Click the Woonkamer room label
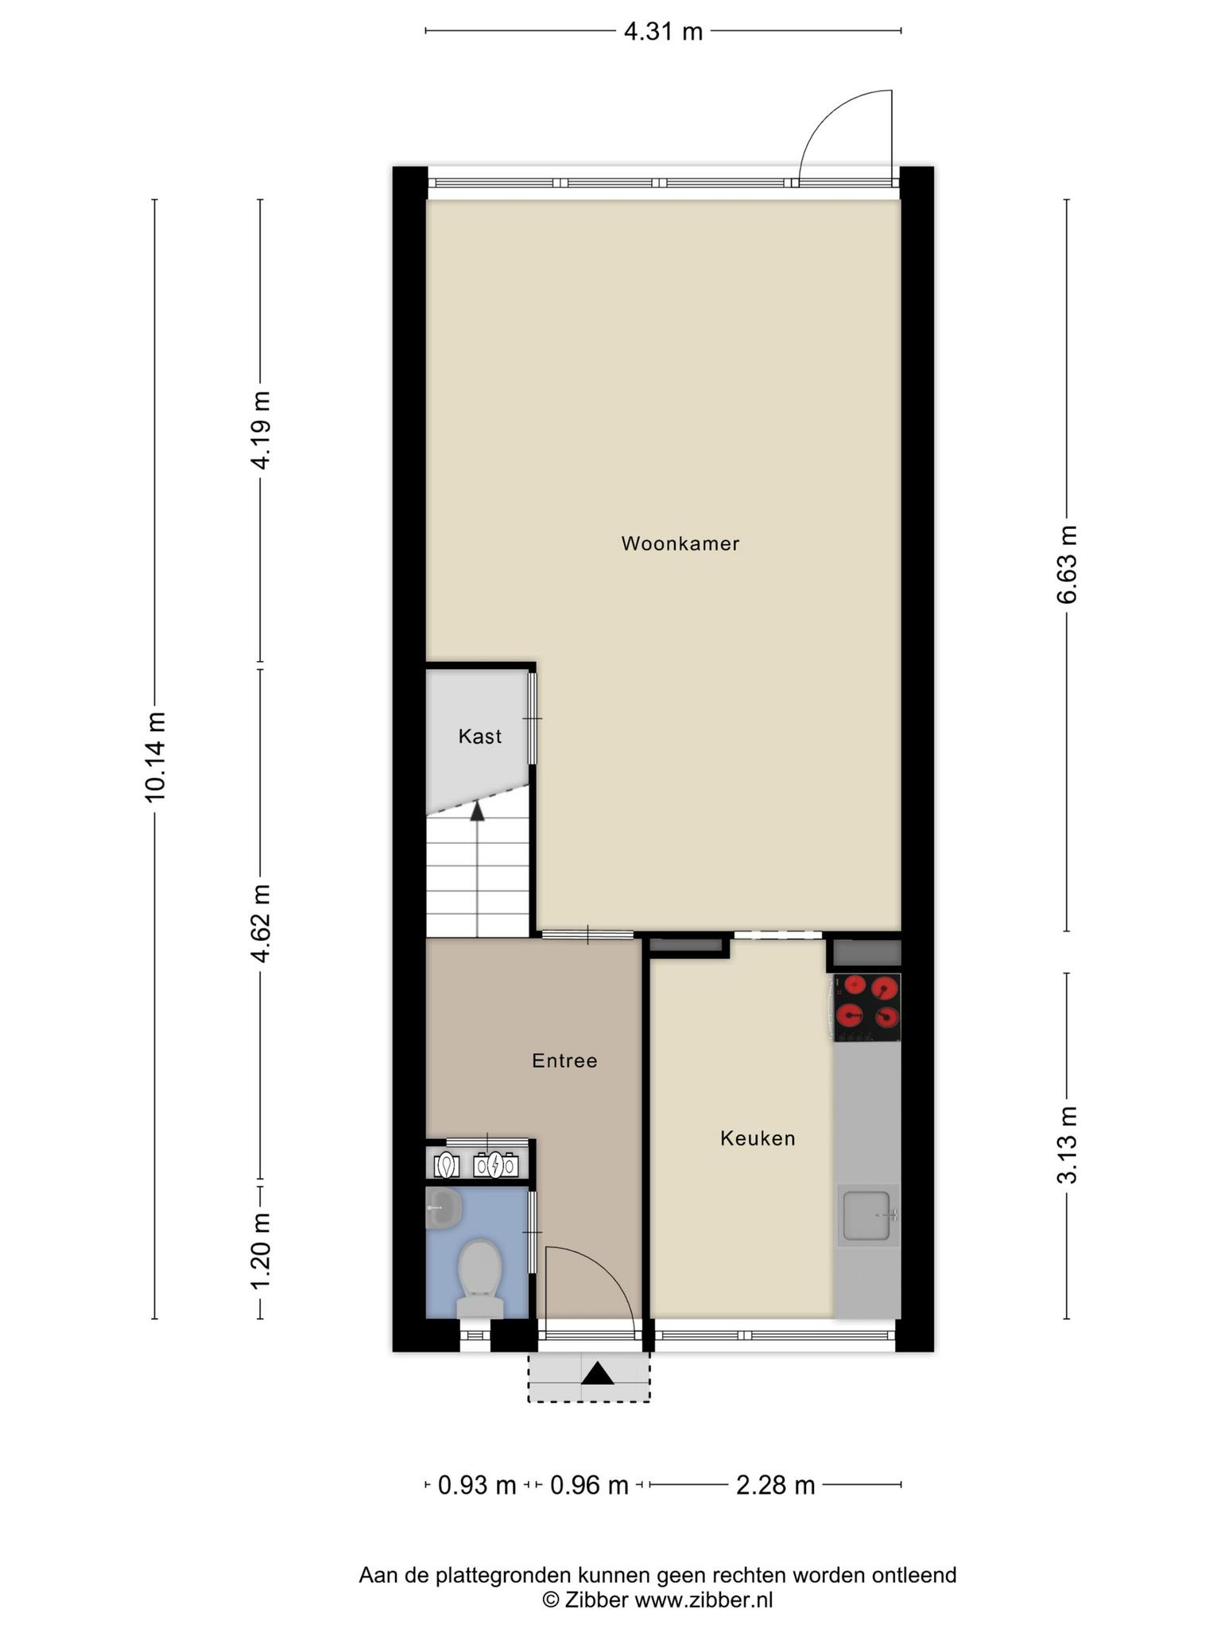[680, 544]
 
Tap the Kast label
[480, 737]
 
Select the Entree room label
[564, 1060]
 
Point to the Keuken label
[758, 1138]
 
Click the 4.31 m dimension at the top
[663, 32]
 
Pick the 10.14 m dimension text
[155, 756]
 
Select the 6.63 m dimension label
[1067, 565]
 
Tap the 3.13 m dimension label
[1067, 1145]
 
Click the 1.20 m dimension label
[260, 1252]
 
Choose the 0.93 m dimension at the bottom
[477, 1485]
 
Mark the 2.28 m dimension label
[776, 1485]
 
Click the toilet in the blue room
[480, 1277]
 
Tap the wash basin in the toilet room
[444, 1207]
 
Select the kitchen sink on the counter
[868, 1215]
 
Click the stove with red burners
[866, 1007]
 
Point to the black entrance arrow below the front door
[598, 1373]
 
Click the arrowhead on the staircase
[477, 811]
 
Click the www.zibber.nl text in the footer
[704, 1600]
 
